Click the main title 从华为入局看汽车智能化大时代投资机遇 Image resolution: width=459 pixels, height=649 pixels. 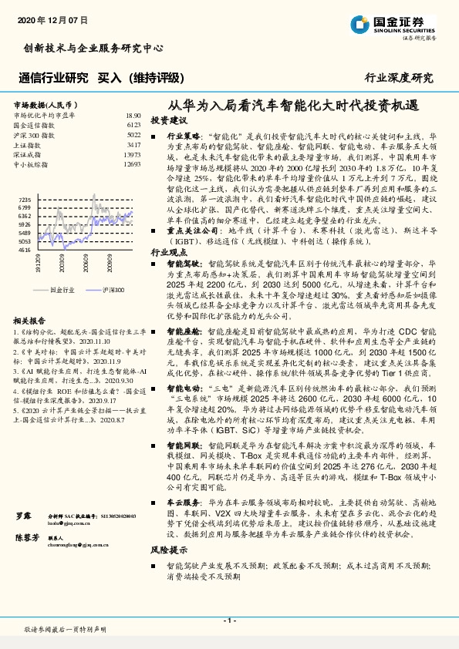pos(295,106)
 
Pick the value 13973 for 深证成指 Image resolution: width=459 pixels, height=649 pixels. pos(132,154)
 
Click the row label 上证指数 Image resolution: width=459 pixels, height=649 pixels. pos(29,144)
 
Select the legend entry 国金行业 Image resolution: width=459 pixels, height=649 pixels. pos(60,290)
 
